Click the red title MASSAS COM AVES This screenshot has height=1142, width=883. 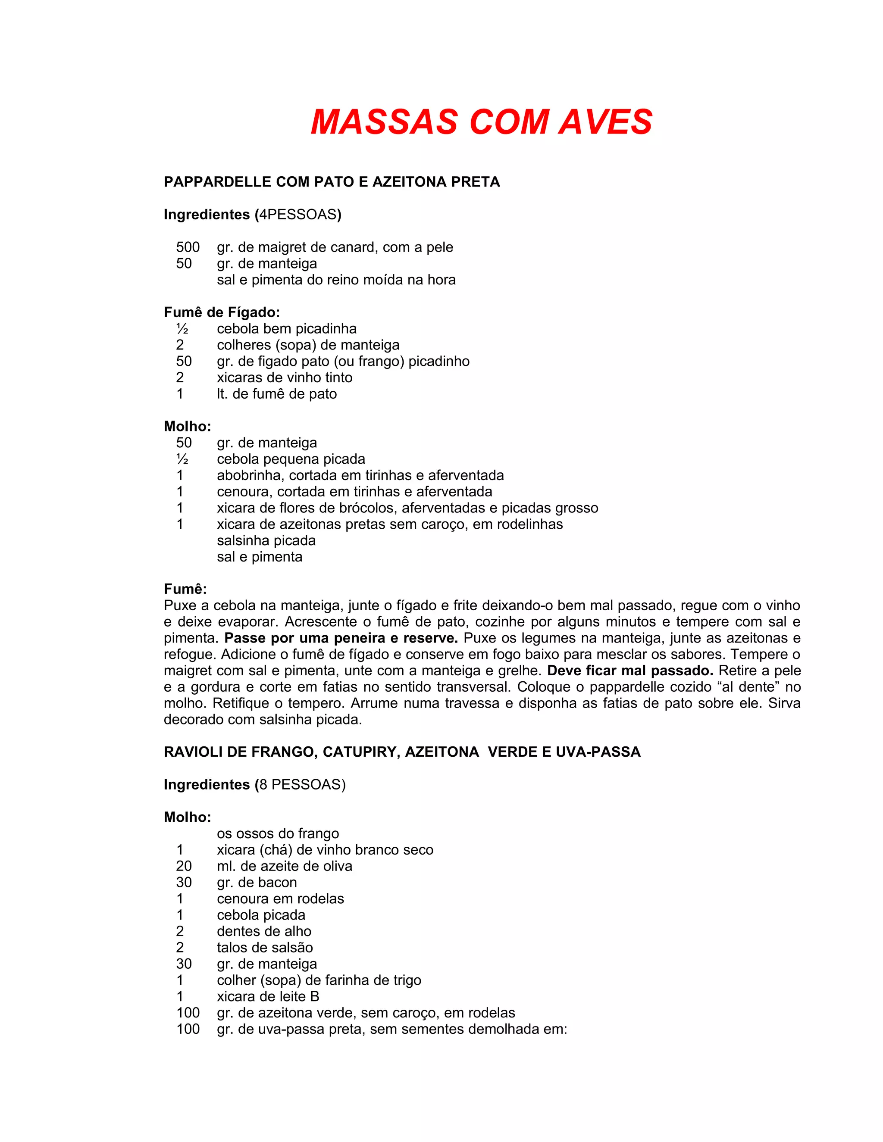pos(481,122)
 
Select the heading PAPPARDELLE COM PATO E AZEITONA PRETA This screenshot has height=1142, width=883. pos(332,182)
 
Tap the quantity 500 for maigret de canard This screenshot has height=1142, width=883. pos(188,247)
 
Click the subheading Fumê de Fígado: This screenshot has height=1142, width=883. pos(222,313)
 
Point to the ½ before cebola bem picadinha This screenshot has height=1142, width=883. pos(182,329)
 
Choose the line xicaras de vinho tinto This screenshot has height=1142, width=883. pos(285,378)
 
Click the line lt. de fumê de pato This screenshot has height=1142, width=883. pos(277,394)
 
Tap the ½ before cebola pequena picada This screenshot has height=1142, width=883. pos(182,459)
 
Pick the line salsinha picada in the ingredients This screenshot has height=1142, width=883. pos(266,541)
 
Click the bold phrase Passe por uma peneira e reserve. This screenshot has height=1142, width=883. pos(341,638)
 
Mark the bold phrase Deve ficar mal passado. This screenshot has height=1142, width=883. pos(630,671)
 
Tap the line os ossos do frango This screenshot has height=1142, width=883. pos(278,833)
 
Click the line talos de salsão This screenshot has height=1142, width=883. pos(265,948)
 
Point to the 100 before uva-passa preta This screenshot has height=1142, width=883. pos(188,1029)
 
